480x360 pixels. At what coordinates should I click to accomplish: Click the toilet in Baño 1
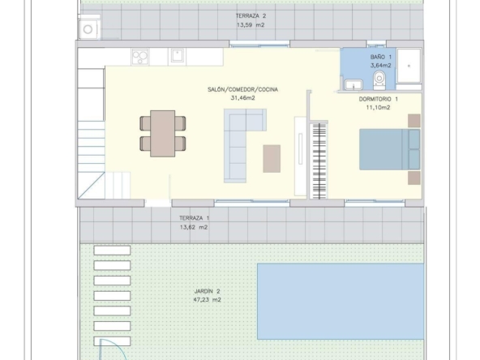tap(379, 80)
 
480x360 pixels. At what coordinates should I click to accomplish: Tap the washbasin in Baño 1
tap(354, 84)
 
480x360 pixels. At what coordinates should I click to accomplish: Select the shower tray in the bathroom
tap(409, 66)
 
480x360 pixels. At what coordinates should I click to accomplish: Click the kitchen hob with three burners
tap(140, 57)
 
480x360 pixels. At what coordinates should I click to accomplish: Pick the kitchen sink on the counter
tap(178, 56)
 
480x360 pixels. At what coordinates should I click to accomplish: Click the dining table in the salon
tap(162, 134)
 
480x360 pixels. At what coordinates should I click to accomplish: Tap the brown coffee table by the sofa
tap(272, 159)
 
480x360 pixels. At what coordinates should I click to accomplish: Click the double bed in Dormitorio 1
tap(390, 149)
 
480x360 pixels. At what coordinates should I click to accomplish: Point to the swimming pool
tap(341, 302)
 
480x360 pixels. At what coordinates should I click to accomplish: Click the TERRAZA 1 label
tap(194, 218)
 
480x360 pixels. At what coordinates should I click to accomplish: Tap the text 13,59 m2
tap(251, 25)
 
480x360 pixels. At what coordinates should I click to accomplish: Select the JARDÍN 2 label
tap(207, 291)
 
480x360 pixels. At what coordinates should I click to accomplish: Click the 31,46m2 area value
tap(242, 98)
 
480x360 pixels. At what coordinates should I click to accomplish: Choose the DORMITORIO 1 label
tap(379, 99)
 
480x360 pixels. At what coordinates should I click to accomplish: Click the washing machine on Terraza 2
tap(88, 29)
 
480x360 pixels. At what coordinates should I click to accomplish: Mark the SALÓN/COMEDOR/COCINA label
tap(242, 90)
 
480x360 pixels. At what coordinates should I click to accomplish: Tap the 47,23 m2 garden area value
tap(207, 300)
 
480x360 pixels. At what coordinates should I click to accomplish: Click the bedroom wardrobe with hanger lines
tap(319, 161)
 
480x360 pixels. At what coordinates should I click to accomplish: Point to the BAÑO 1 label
tap(381, 57)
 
